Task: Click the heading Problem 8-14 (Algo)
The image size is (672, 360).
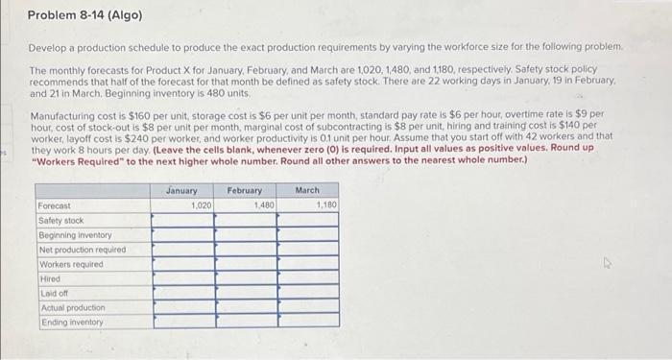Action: pyautogui.click(x=84, y=16)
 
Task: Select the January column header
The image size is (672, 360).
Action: pyautogui.click(x=181, y=190)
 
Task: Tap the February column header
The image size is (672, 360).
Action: pyautogui.click(x=246, y=190)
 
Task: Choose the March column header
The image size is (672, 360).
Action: pyautogui.click(x=307, y=190)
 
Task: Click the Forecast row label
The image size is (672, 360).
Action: pyautogui.click(x=56, y=205)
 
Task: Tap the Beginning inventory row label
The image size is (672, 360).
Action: pyautogui.click(x=75, y=234)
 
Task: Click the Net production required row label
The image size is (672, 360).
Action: pyautogui.click(x=83, y=250)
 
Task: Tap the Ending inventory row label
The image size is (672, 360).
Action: pyautogui.click(x=69, y=322)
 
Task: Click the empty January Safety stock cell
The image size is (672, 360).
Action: pyautogui.click(x=182, y=220)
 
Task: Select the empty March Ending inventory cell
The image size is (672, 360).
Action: pyautogui.click(x=308, y=322)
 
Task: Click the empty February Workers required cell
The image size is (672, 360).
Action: pyautogui.click(x=246, y=264)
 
